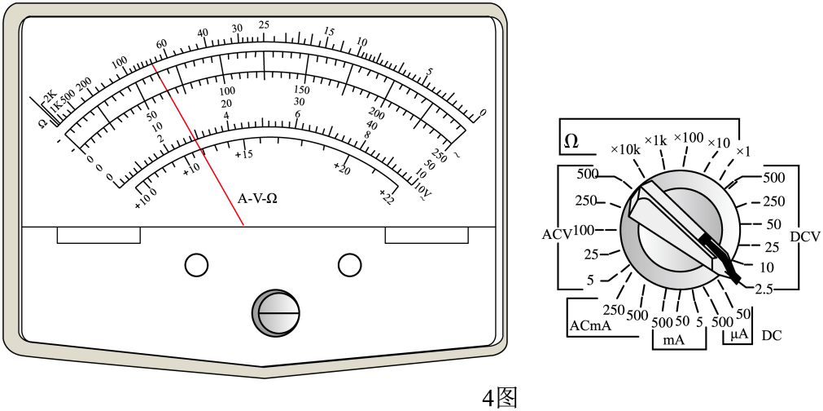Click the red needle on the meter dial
pyautogui.click(x=198, y=144)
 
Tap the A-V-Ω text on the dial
pyautogui.click(x=257, y=199)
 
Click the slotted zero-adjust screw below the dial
pyautogui.click(x=276, y=312)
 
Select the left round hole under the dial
pyautogui.click(x=196, y=264)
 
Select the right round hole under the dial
pyautogui.click(x=349, y=264)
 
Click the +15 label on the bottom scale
pyautogui.click(x=244, y=154)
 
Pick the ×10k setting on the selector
pyautogui.click(x=626, y=150)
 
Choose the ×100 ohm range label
pyautogui.click(x=688, y=139)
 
